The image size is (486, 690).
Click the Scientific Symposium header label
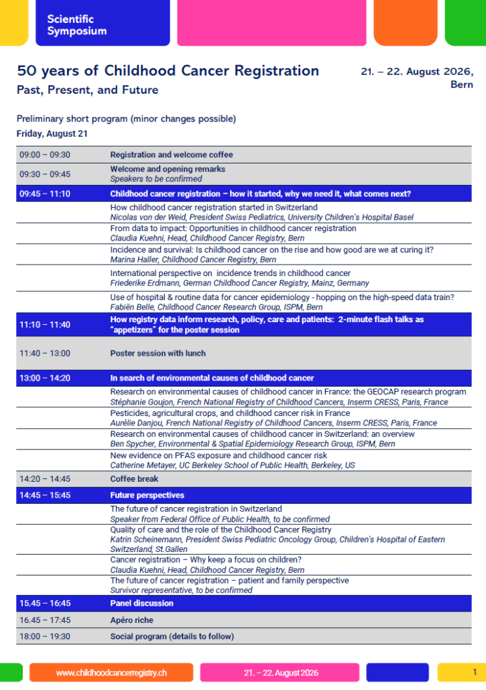(76, 25)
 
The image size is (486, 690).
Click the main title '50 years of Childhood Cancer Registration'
(168, 70)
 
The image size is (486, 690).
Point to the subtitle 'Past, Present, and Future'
(87, 90)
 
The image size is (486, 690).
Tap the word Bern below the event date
(461, 85)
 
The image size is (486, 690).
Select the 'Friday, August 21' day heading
(52, 133)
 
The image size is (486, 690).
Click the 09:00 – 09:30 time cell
(44, 155)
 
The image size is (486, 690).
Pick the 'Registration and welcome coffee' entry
(171, 155)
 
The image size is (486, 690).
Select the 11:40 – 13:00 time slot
(44, 353)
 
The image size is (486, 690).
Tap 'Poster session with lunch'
(158, 353)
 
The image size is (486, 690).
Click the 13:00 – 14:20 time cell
(44, 378)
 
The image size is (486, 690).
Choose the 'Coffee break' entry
(135, 479)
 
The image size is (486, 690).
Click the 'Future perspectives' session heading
(147, 496)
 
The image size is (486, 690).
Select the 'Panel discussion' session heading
(141, 603)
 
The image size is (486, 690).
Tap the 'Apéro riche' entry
(132, 620)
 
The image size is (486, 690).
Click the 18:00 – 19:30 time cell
(44, 636)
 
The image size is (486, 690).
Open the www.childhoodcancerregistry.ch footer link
(111, 673)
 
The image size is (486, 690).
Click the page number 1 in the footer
(475, 672)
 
